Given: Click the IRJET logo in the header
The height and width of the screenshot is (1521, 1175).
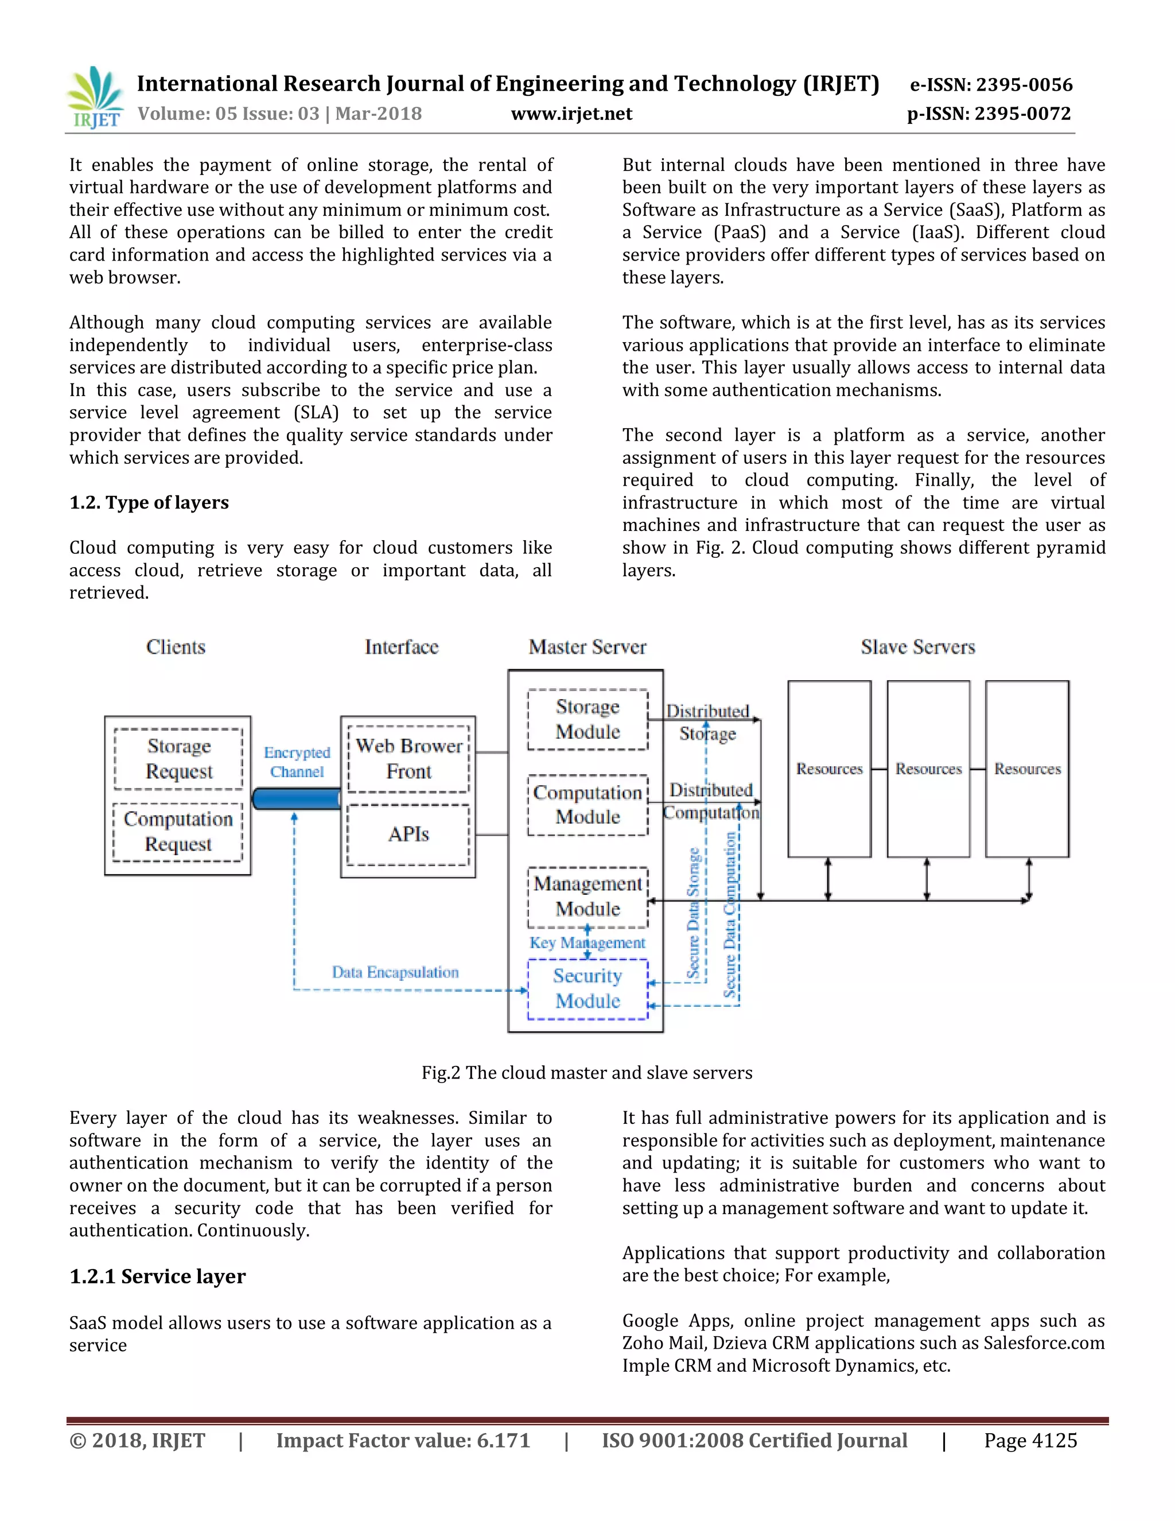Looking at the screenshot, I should point(95,98).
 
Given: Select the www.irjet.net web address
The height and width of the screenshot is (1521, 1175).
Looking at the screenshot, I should point(571,114).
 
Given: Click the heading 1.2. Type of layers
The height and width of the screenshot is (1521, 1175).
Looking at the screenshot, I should point(149,502).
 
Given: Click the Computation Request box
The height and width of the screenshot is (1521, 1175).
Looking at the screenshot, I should point(178,832).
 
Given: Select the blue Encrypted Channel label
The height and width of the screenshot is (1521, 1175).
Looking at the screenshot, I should point(297,762).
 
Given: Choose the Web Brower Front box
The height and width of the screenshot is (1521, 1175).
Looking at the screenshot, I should point(408,758).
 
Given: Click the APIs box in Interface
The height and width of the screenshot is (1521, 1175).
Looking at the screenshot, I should point(408,835).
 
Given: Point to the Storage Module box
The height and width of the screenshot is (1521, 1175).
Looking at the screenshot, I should point(587,719).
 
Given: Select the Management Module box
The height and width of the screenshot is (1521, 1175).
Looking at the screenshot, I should point(587,897).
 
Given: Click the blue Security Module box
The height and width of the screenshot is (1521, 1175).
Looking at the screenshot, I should point(587,989).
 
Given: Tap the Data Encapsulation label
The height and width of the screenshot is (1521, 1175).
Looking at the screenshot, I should point(395,972).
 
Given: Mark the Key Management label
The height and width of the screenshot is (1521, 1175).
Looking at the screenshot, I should point(587,943).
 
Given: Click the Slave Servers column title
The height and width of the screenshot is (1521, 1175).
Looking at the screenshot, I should point(917,647).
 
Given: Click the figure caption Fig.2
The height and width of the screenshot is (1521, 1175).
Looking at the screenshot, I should point(587,1073).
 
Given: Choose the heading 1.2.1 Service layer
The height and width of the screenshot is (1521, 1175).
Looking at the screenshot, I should point(157,1276).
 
